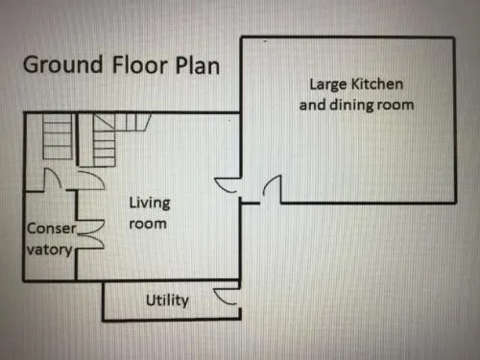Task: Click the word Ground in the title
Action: pyautogui.click(x=63, y=65)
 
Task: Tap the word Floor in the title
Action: pyautogui.click(x=139, y=65)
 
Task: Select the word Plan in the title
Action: pyautogui.click(x=198, y=65)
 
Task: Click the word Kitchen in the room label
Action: pyautogui.click(x=376, y=84)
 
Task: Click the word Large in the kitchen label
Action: pyautogui.click(x=328, y=84)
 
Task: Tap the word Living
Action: pyautogui.click(x=150, y=204)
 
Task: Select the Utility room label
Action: pyautogui.click(x=167, y=300)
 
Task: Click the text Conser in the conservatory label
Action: pyautogui.click(x=52, y=228)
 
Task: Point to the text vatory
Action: pyautogui.click(x=50, y=250)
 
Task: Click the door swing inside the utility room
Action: pyautogui.click(x=226, y=296)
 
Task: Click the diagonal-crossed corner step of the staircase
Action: pyautogui.click(x=104, y=122)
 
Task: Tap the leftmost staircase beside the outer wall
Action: pyautogui.click(x=58, y=136)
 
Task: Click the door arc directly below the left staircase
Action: pyautogui.click(x=52, y=180)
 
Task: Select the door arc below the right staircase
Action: pyautogui.click(x=91, y=180)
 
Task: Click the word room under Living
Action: pyautogui.click(x=148, y=224)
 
